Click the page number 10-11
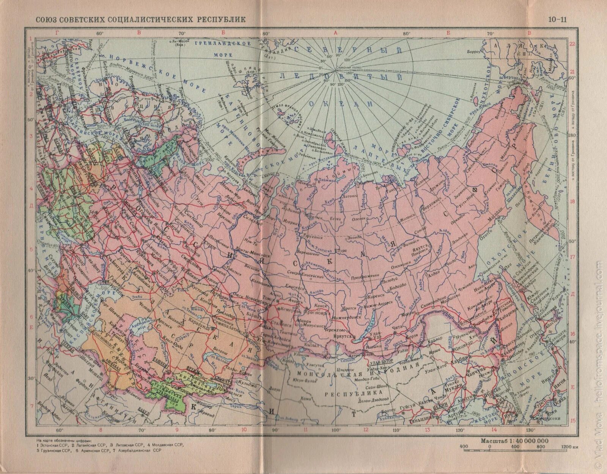pyautogui.click(x=557, y=19)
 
